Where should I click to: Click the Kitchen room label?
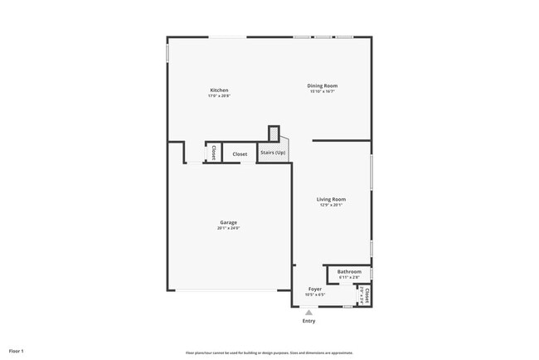219,90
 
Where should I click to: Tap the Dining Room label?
323,85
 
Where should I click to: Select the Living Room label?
331,199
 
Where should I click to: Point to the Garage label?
229,222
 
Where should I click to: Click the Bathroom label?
349,271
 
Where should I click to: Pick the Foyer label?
315,289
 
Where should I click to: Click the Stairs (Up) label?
273,153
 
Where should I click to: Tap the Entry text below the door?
308,321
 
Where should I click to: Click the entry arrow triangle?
308,312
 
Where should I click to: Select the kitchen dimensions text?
219,96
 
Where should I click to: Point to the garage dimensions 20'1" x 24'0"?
229,228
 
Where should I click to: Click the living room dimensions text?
331,206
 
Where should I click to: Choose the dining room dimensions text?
323,91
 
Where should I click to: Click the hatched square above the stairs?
274,132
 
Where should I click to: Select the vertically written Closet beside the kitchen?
213,153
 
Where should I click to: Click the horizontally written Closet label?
240,153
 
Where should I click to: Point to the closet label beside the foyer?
363,294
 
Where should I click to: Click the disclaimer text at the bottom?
269,353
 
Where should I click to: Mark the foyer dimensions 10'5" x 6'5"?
315,294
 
